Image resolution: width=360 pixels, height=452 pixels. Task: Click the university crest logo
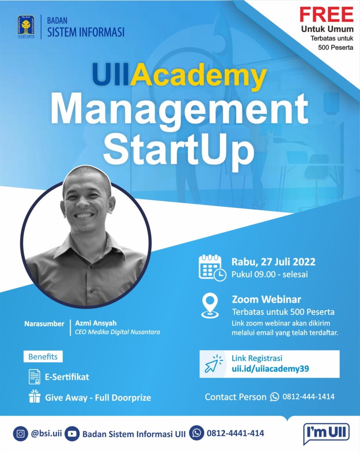[x=26, y=27]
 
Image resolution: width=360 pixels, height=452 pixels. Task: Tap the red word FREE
[x=327, y=14]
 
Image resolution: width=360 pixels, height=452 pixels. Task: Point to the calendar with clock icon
[x=212, y=268]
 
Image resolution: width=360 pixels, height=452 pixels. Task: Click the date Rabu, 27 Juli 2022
[x=274, y=262]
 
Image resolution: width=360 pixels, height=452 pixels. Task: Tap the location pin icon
[x=210, y=305]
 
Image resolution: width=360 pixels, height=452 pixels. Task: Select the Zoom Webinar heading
[x=266, y=299]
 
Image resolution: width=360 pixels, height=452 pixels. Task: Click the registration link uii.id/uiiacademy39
[x=270, y=369]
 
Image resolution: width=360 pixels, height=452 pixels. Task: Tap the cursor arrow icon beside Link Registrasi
[x=213, y=364]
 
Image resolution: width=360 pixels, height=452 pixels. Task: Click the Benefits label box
[x=43, y=357]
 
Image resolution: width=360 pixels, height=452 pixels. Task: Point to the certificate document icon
[x=34, y=377]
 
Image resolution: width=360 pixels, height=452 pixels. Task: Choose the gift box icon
[x=35, y=396]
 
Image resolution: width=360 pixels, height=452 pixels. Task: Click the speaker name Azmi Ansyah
[x=96, y=323]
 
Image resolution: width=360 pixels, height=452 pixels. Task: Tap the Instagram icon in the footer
[x=21, y=434]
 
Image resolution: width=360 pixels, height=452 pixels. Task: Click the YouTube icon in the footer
[x=72, y=434]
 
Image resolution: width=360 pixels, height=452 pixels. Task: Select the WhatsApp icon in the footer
[x=197, y=433]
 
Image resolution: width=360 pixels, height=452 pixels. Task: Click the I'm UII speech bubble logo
[x=326, y=433]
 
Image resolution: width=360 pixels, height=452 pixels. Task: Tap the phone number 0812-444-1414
[x=308, y=397]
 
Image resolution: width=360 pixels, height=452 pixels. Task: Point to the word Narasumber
[x=44, y=324]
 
